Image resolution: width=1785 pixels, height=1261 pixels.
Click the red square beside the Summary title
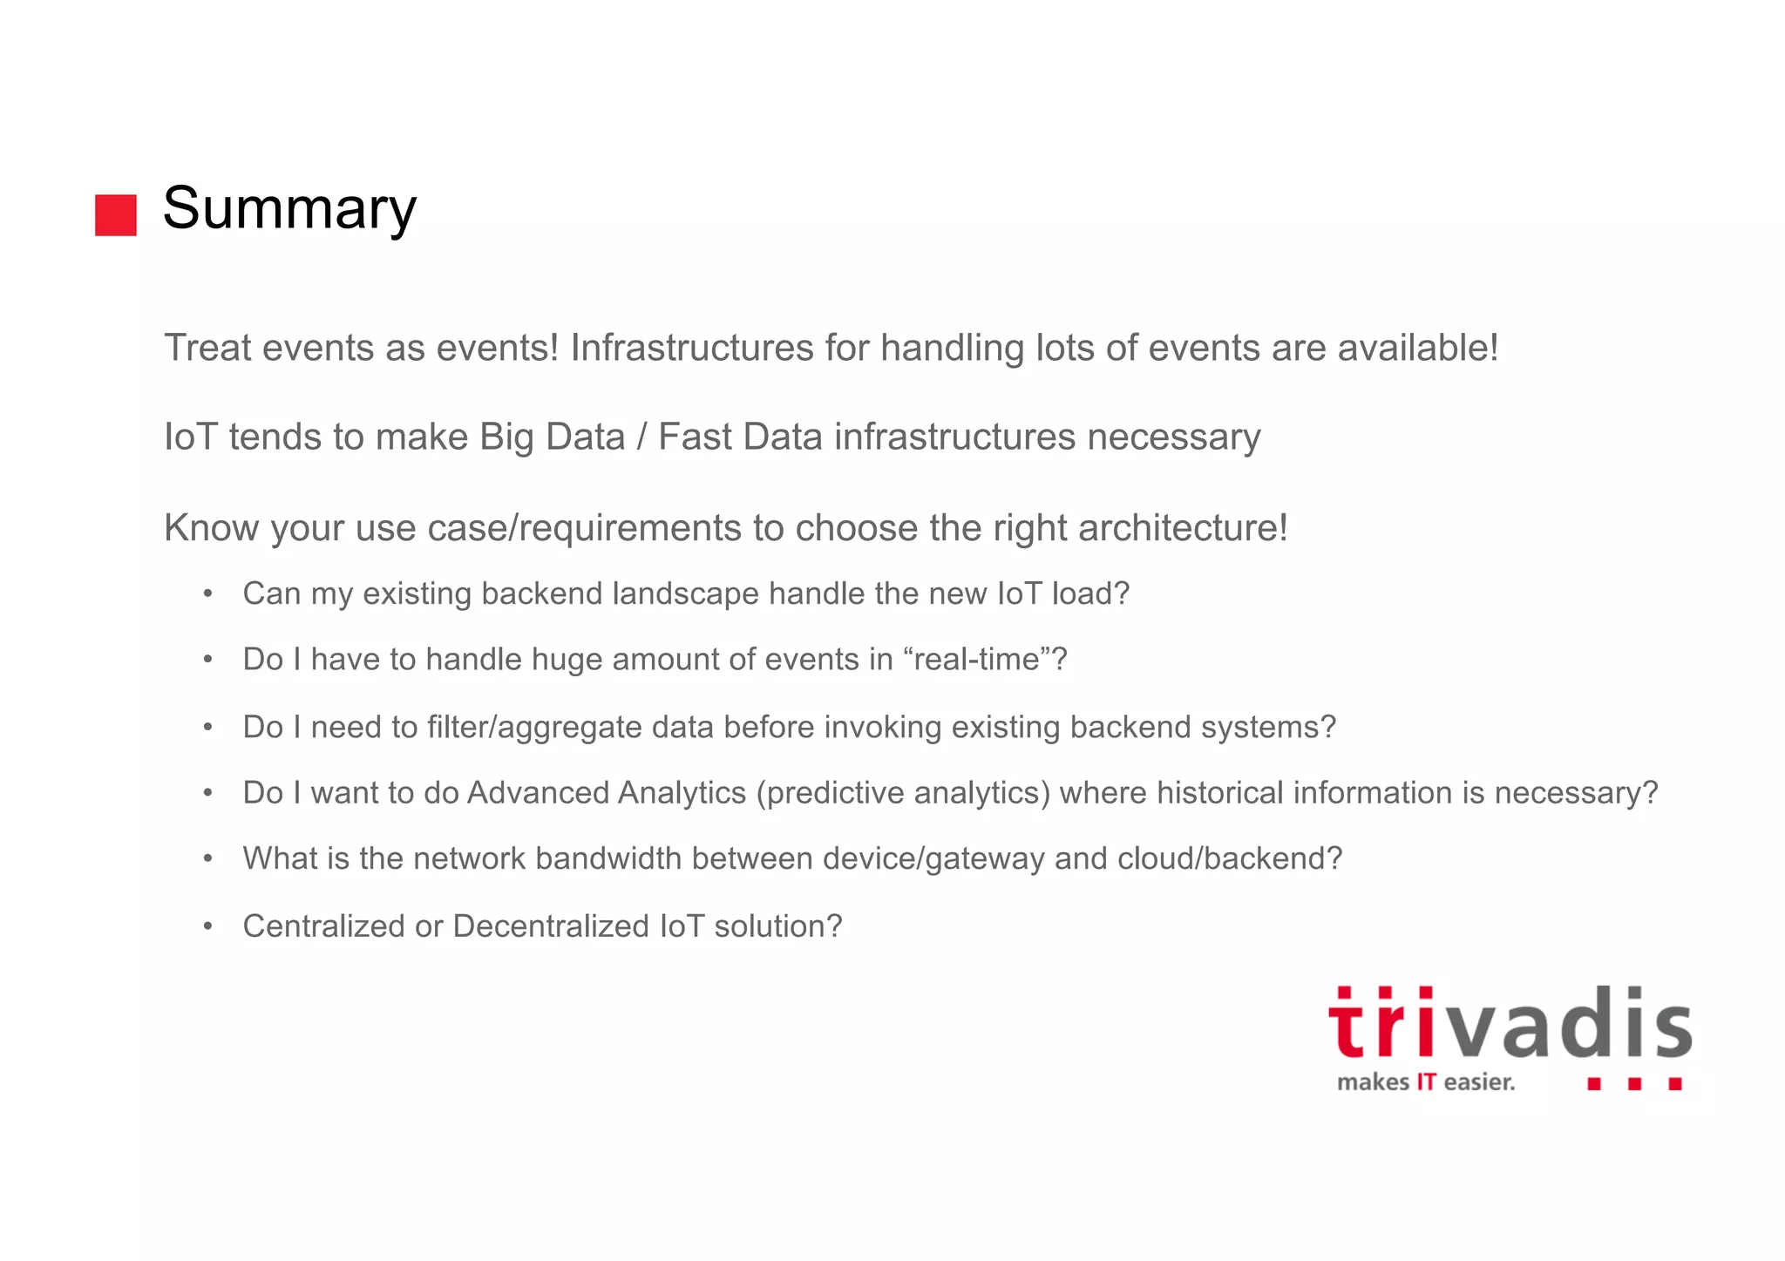click(116, 215)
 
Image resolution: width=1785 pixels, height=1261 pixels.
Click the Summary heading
click(289, 208)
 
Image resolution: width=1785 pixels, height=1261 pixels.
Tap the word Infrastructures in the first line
click(692, 348)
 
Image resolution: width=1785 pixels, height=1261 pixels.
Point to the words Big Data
click(552, 437)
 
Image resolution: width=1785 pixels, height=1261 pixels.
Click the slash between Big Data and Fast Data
click(641, 437)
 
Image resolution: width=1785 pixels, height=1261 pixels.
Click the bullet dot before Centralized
click(207, 925)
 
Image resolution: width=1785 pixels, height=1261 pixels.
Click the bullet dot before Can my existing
click(207, 593)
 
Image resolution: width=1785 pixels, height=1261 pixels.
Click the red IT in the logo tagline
click(1426, 1082)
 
